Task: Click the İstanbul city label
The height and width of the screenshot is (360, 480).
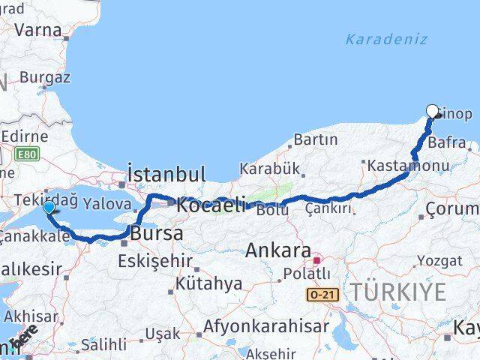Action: (166, 175)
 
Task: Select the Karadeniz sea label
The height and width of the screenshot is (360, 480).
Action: (386, 39)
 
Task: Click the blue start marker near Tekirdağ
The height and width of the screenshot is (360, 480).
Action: (49, 207)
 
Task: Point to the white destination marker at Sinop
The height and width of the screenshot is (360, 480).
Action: (432, 111)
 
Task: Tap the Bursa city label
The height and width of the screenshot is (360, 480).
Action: (157, 233)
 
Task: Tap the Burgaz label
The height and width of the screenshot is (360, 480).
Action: (45, 76)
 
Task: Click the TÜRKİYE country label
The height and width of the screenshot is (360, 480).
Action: (399, 292)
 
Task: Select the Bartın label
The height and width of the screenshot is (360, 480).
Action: (315, 139)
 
